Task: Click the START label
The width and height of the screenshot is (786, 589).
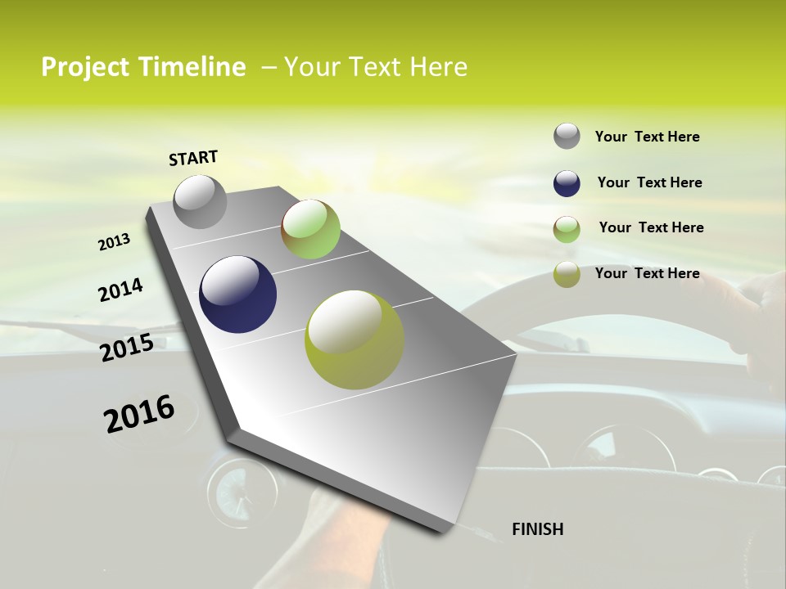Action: (193, 157)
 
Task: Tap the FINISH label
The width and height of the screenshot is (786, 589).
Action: (537, 529)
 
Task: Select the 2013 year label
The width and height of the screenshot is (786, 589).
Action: (115, 242)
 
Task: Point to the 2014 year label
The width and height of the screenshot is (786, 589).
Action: (120, 290)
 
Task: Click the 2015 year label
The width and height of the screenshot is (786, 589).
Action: (127, 348)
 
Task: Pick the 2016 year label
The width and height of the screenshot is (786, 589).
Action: (139, 414)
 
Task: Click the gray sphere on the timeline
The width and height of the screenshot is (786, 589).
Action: (200, 202)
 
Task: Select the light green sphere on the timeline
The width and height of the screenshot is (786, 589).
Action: (310, 229)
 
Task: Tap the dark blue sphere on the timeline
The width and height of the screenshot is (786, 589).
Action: (237, 294)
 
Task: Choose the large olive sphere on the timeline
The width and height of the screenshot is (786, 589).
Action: (355, 339)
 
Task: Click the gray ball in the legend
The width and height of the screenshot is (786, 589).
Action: (567, 137)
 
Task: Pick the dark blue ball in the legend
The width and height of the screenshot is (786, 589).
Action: (567, 183)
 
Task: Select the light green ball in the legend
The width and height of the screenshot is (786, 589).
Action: (567, 229)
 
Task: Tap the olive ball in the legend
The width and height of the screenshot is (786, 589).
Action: (567, 274)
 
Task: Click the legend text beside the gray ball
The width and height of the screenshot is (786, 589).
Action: (647, 137)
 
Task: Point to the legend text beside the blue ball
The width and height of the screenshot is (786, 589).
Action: (649, 182)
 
